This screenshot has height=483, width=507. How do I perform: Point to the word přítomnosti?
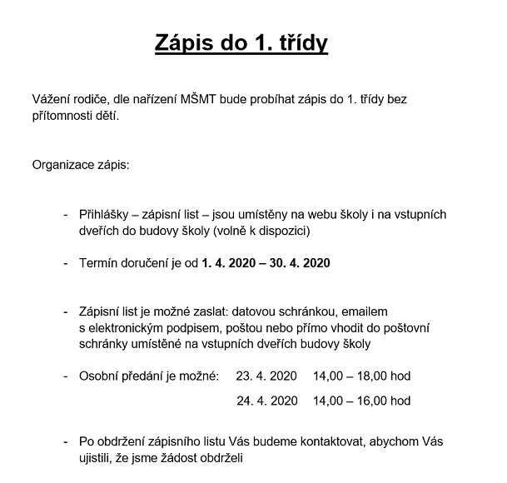66,116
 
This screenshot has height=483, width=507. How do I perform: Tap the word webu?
322,214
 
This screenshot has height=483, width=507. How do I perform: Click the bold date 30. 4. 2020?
296,264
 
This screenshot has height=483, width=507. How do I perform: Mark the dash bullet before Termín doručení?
66,264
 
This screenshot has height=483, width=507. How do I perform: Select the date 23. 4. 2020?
266,376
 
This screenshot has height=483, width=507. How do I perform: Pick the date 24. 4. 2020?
266,401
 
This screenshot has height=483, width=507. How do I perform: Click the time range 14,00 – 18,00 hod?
361,376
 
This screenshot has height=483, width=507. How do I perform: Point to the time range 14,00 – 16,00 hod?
361,401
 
